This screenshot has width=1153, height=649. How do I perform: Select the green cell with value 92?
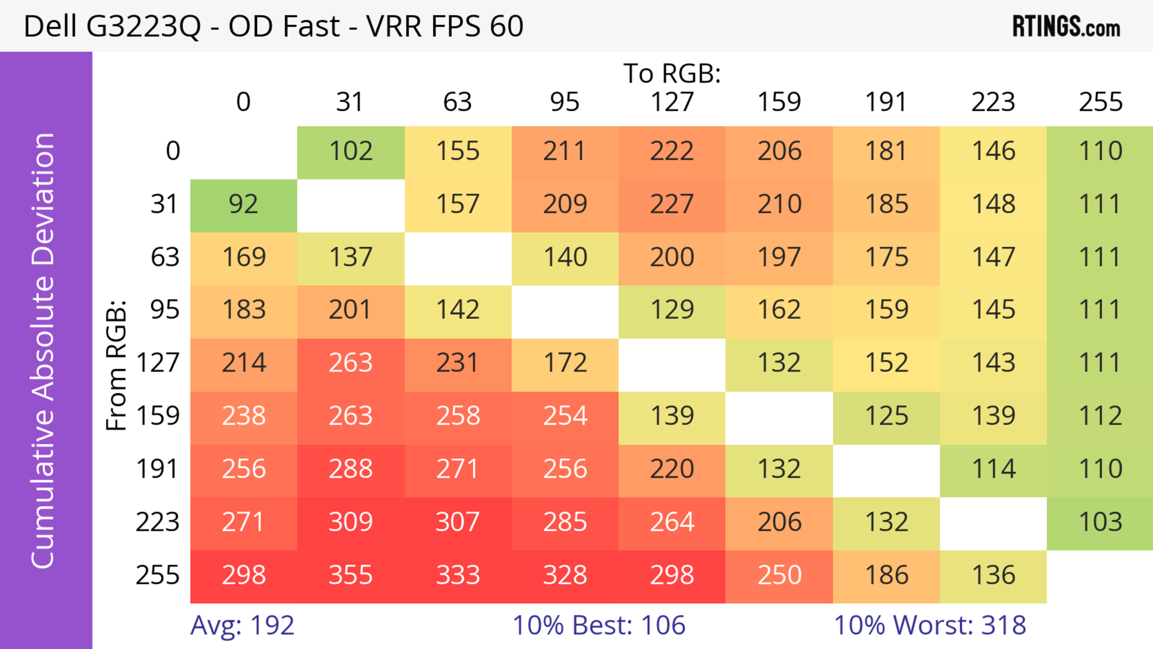coord(244,205)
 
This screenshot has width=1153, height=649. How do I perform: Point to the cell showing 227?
coord(672,205)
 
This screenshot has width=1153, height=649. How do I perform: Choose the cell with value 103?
coord(1100,522)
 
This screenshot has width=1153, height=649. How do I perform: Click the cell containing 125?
coord(886,416)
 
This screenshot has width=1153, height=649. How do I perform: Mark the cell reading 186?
coord(886,575)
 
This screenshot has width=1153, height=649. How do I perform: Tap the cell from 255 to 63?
coord(458,575)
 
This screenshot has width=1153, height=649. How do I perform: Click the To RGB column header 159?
coord(779,102)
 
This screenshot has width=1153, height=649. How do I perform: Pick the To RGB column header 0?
coord(244,102)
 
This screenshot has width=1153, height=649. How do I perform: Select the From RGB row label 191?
coord(158,469)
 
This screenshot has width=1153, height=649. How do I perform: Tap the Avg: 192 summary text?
coord(242,625)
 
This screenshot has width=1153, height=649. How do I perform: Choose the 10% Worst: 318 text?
coord(930,625)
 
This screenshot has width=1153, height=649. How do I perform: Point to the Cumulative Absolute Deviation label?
coord(44,350)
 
